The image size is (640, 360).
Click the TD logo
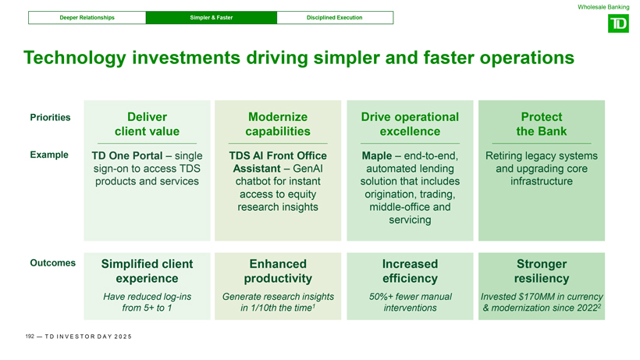pos(618,23)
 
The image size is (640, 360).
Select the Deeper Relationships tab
pos(87,17)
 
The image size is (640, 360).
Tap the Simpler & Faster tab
pos(212,17)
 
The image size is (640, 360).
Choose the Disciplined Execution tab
pos(335,17)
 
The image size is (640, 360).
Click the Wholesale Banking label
pos(603,7)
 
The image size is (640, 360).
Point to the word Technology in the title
pos(75,58)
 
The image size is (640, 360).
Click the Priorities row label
pos(50,118)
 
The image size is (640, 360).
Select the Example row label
pos(49,155)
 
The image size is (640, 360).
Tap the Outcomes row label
pos(52,263)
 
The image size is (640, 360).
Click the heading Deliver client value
pos(147,124)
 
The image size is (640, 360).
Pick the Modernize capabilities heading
pos(278,124)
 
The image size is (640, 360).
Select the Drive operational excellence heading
pos(410,124)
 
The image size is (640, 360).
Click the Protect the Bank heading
pos(542,124)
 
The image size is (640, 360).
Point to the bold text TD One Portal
pos(127,156)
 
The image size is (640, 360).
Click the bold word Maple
pos(377,156)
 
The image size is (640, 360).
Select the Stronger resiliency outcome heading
pos(542,271)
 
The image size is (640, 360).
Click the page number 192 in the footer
pos(30,337)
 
